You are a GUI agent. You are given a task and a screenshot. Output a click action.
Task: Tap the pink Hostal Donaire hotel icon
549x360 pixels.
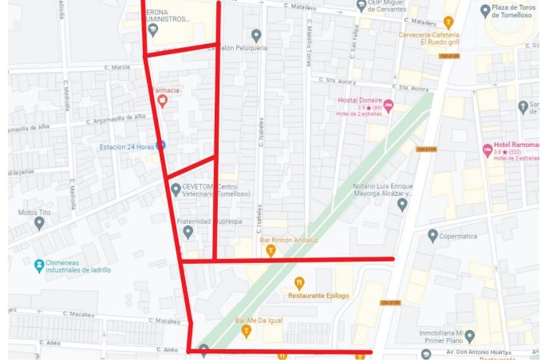click(389, 105)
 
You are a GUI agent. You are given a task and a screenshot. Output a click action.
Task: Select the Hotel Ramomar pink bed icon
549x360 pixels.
click(487, 150)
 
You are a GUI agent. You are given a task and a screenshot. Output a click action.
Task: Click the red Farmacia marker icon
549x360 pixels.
click(163, 100)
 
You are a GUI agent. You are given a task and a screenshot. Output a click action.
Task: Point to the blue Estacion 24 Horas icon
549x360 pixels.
click(161, 145)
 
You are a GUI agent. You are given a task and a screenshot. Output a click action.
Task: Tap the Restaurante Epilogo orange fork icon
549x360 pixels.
click(300, 283)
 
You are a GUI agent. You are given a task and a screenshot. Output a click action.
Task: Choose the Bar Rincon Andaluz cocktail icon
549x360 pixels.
click(271, 251)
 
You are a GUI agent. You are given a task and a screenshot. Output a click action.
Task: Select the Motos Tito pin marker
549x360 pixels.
click(39, 222)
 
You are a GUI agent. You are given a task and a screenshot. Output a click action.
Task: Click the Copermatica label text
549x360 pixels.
click(463, 236)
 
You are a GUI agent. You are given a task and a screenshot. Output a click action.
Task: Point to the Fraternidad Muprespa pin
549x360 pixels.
click(187, 232)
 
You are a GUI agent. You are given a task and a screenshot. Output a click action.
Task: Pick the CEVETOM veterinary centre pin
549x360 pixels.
click(176, 189)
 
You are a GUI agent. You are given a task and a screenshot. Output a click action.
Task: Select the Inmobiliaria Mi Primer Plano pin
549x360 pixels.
click(469, 335)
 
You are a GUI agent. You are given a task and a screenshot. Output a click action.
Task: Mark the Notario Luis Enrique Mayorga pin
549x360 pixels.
click(402, 203)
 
